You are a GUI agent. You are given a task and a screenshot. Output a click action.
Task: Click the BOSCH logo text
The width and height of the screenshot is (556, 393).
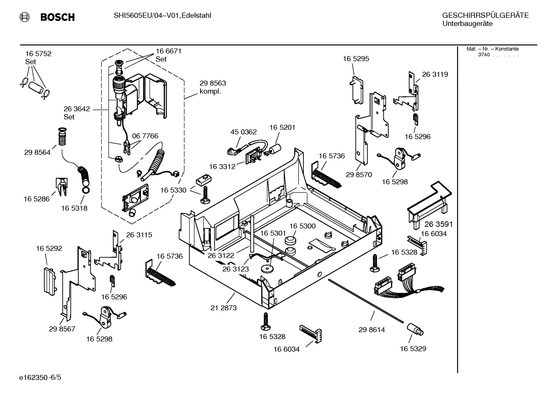(57, 17)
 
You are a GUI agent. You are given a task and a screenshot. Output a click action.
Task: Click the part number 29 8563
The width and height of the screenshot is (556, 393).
(212, 83)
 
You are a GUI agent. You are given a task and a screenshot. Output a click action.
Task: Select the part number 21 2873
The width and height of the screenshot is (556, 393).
(224, 308)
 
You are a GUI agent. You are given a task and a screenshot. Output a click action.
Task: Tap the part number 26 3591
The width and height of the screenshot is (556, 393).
(438, 224)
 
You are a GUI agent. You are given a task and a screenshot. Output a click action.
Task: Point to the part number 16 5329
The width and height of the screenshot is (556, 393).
(413, 349)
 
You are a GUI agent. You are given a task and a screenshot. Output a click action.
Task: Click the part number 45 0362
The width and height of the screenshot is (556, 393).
(243, 132)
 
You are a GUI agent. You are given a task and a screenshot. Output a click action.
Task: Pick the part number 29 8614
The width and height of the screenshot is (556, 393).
(371, 330)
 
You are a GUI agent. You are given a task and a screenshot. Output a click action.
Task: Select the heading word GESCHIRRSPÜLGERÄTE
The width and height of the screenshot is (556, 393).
(485, 15)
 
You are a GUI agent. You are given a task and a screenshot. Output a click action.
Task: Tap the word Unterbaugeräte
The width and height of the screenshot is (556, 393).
(467, 24)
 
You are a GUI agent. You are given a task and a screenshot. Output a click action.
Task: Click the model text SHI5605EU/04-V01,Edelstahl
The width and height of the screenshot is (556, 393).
(162, 15)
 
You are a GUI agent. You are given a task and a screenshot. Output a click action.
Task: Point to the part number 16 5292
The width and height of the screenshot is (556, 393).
(49, 249)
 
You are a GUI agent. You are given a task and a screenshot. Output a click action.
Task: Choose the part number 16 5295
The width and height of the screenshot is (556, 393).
(356, 59)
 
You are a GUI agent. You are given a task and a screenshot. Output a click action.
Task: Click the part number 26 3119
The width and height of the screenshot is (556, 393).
(435, 74)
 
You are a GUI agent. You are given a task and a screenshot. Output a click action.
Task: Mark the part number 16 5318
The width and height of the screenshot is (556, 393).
(74, 208)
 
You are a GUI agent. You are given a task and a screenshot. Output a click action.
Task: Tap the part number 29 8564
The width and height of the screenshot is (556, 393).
(37, 152)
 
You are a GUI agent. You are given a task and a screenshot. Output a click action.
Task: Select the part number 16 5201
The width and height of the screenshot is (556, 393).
(282, 127)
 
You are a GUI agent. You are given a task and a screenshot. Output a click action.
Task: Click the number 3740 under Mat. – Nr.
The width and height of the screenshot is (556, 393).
(484, 55)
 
